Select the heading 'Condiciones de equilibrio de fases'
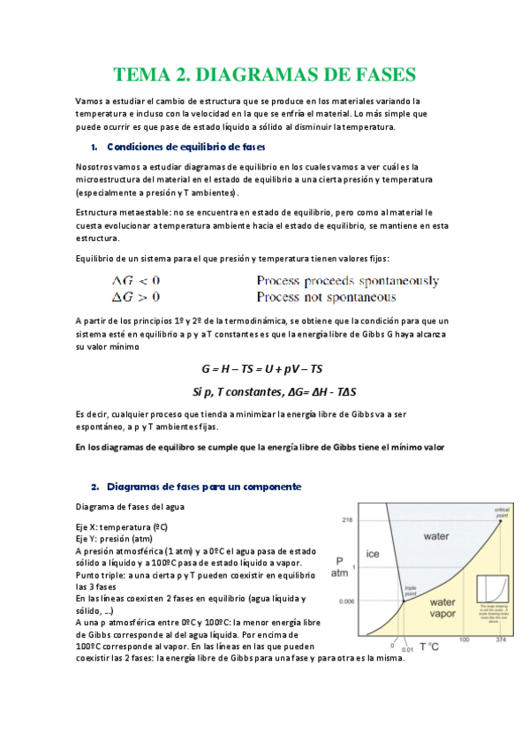185,147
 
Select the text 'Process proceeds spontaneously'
347,282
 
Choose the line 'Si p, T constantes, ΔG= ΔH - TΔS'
262,390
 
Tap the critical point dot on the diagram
502,520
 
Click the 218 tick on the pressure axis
347,518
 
